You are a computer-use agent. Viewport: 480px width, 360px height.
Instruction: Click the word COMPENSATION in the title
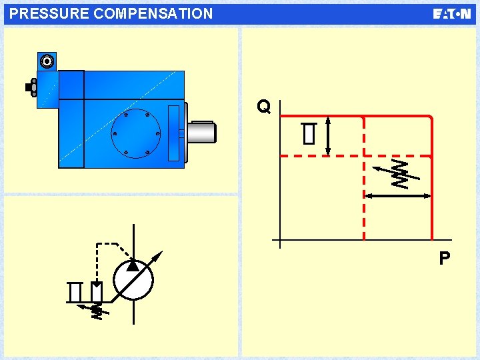[x=150, y=13]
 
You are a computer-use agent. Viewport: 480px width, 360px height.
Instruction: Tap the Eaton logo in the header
[x=452, y=14]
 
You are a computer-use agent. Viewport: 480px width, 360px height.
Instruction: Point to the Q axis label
[x=264, y=107]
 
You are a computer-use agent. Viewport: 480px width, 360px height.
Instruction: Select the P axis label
[x=444, y=258]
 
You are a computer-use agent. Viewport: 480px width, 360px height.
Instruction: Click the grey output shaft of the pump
[x=202, y=131]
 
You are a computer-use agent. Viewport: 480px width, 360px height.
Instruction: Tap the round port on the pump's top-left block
[x=47, y=62]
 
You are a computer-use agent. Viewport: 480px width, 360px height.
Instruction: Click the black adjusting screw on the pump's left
[x=30, y=87]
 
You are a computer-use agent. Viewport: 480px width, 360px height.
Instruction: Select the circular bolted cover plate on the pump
[x=135, y=133]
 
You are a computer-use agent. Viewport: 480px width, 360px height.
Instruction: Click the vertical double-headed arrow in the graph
[x=329, y=135]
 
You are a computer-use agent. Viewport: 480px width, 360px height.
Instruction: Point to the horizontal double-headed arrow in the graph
[x=397, y=196]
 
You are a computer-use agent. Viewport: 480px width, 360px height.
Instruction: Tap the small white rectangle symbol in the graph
[x=308, y=134]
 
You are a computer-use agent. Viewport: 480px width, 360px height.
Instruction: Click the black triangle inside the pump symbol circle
[x=133, y=265]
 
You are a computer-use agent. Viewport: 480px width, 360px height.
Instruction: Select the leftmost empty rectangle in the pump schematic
[x=75, y=291]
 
